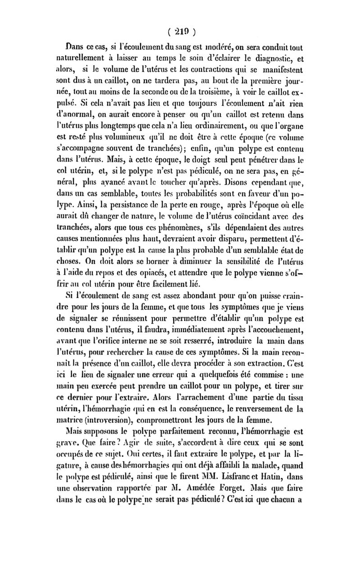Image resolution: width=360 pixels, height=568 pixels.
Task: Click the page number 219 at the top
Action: pyautogui.click(x=181, y=32)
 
